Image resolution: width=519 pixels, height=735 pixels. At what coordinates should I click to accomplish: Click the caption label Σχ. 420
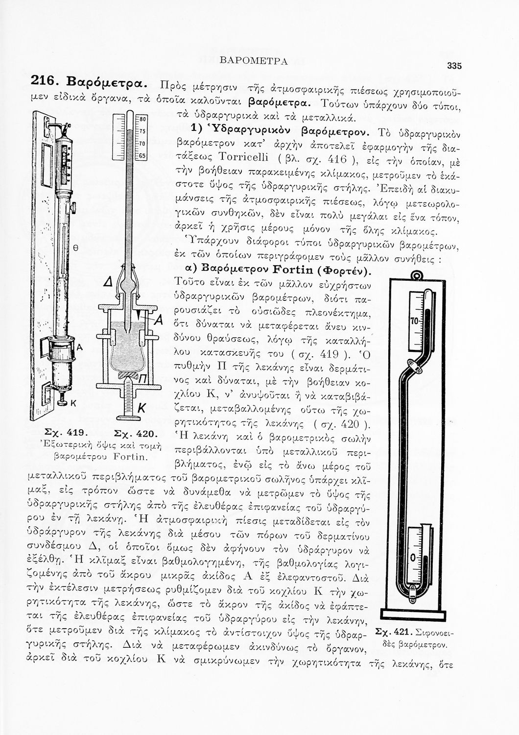(x=134, y=433)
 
